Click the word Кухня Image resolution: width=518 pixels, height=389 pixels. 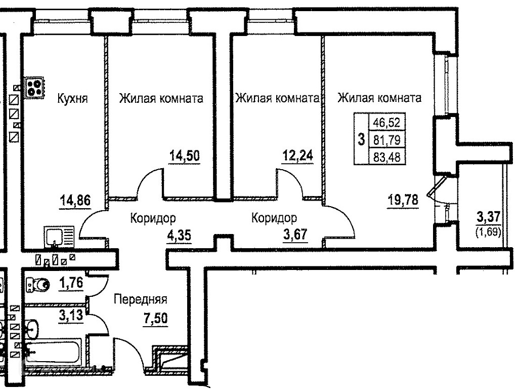(x=73, y=98)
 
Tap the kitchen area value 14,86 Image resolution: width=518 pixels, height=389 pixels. (x=74, y=200)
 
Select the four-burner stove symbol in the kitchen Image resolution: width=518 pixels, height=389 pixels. (x=35, y=88)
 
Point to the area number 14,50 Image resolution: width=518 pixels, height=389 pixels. (x=184, y=155)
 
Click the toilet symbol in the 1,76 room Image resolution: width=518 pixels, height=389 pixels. (x=38, y=286)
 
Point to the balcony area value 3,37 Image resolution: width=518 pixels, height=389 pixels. (x=489, y=218)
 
